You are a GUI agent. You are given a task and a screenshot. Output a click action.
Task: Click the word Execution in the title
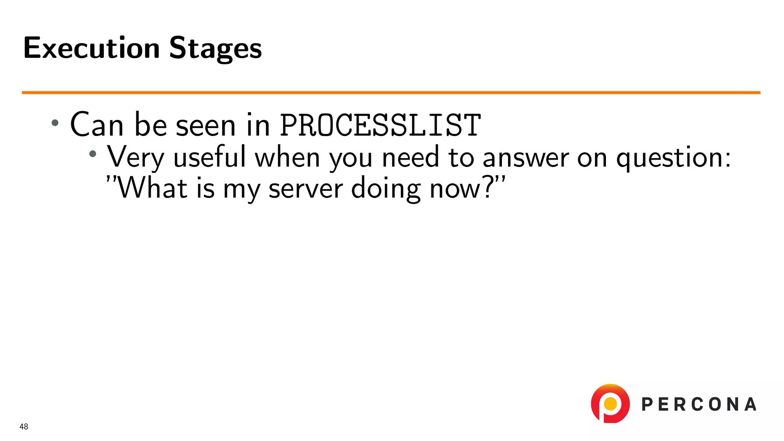click(91, 48)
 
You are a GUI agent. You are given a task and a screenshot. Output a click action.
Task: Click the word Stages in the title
click(216, 48)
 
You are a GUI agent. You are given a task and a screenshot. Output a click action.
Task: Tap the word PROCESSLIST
click(380, 125)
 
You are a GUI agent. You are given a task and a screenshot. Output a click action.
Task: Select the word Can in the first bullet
click(97, 125)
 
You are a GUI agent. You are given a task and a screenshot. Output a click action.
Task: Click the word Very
click(136, 157)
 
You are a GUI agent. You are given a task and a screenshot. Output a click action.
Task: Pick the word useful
click(209, 157)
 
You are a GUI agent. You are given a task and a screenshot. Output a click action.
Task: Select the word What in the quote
click(152, 188)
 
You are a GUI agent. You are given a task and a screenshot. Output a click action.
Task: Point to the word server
click(306, 189)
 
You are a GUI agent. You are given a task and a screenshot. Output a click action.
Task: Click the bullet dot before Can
click(55, 123)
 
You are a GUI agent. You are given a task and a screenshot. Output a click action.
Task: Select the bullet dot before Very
click(93, 154)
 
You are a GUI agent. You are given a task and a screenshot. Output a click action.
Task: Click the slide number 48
click(24, 427)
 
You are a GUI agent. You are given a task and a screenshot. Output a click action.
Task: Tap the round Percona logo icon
click(610, 404)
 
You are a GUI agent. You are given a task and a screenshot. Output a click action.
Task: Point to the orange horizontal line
click(391, 92)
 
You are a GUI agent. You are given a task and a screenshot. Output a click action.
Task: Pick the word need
click(410, 157)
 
